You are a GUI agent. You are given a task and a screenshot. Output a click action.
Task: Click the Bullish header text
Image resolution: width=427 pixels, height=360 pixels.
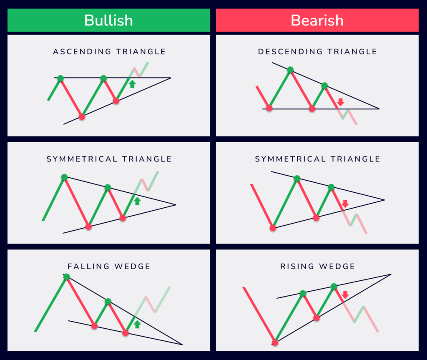pos(108,20)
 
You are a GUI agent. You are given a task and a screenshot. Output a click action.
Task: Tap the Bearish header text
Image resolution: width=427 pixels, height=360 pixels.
pos(317,20)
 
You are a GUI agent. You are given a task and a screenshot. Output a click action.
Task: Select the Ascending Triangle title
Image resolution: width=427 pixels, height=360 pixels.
pos(109,52)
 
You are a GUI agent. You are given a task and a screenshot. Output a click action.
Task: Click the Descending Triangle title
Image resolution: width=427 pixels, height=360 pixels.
pos(317,52)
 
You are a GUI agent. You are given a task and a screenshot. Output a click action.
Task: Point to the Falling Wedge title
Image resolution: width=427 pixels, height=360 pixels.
pos(109,266)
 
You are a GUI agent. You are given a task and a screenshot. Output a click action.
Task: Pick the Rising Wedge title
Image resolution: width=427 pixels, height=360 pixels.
pos(318,266)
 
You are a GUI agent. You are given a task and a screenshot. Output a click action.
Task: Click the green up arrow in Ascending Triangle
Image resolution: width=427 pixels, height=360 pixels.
pos(132,84)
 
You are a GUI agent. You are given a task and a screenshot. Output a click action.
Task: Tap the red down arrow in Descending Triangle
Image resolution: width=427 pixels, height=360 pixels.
pos(340,101)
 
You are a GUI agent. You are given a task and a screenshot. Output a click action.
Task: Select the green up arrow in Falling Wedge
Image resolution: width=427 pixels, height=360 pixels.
pos(137,324)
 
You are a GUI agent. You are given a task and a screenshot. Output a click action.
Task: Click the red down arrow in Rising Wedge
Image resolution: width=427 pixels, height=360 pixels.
pos(345,295)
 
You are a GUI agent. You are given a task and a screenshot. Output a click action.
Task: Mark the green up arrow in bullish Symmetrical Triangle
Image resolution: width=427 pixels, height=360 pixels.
pos(137,201)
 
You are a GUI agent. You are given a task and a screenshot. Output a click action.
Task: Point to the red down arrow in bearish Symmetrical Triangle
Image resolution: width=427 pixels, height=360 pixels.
pos(345,204)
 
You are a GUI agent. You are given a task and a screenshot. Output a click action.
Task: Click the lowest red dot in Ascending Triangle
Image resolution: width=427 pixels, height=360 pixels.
pos(82,117)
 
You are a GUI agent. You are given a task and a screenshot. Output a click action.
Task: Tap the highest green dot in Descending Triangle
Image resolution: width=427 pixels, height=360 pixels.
pos(290,70)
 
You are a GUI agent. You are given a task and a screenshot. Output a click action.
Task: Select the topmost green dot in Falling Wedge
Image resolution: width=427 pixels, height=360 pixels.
pos(66,277)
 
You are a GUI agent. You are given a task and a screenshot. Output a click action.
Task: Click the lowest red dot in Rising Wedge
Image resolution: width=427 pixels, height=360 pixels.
pos(275,342)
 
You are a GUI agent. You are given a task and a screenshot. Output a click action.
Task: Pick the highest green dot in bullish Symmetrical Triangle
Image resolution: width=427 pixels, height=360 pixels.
pos(64,177)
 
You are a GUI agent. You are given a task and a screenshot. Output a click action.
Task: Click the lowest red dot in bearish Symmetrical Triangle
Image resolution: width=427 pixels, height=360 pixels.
pos(273,228)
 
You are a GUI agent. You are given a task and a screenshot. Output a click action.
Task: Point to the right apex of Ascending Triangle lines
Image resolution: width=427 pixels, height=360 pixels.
pos(171,78)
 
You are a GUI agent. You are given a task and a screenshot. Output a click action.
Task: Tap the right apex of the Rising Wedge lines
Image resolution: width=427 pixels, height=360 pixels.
pos(391,274)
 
